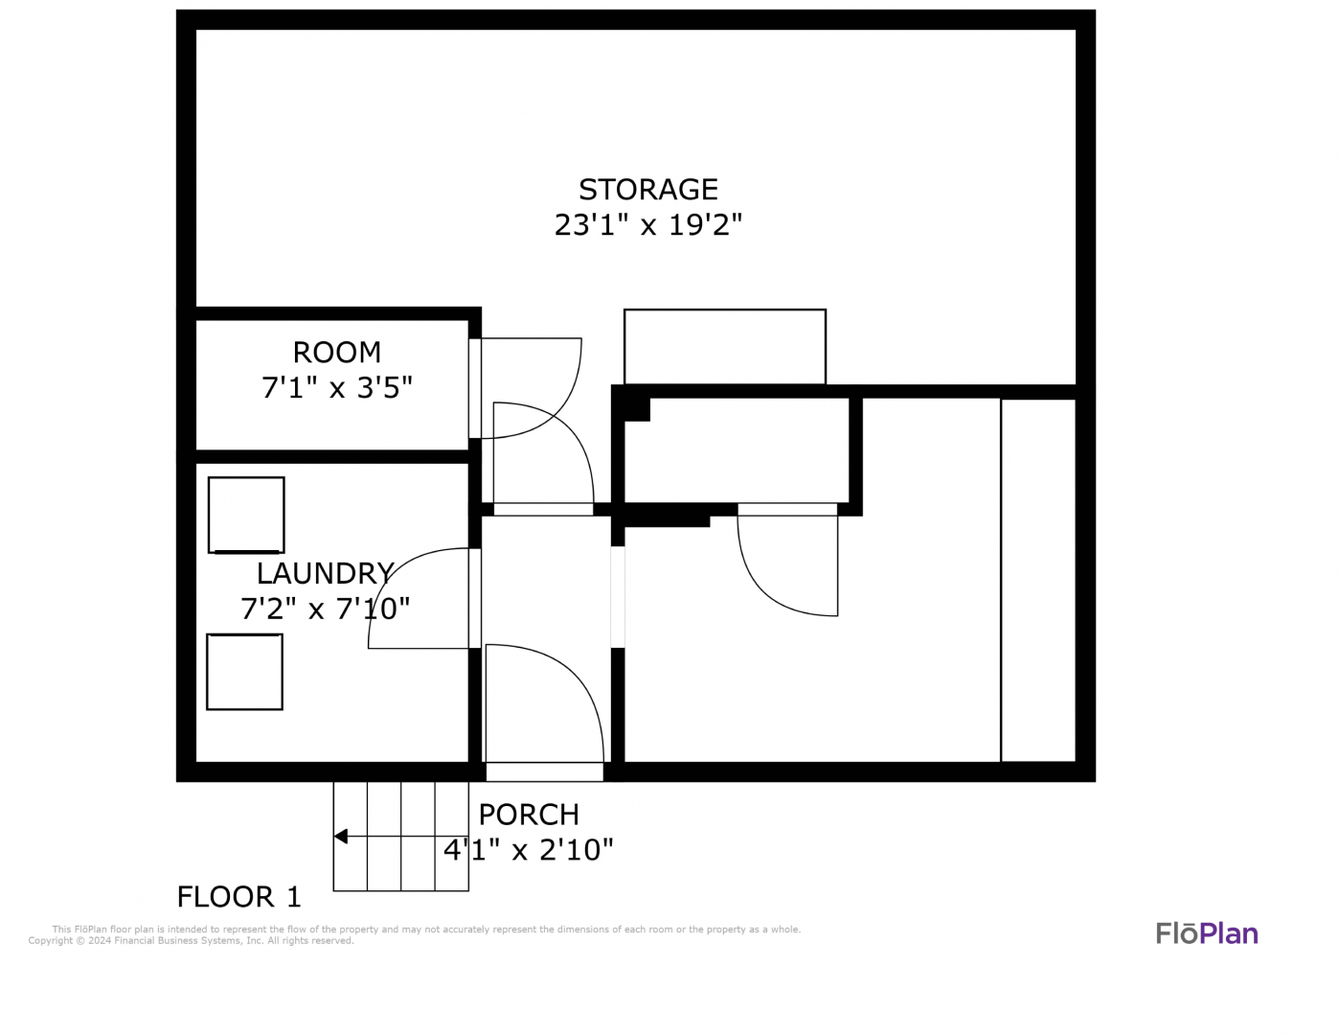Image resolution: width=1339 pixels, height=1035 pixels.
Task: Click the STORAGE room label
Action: tap(647, 189)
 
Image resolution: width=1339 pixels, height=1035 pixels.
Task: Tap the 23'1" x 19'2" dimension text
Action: tap(647, 224)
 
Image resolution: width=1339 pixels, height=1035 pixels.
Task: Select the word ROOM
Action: tap(336, 353)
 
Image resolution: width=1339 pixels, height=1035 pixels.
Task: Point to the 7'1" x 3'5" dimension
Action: tap(336, 388)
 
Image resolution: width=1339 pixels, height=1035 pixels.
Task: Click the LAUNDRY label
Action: tap(325, 573)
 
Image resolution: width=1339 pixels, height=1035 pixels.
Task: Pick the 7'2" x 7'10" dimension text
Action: tap(325, 609)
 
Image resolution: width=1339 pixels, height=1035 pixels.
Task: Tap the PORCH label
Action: tap(529, 815)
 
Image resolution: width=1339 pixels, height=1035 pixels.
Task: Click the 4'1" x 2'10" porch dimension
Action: tap(529, 850)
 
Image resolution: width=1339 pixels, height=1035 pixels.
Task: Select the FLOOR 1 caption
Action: tap(239, 897)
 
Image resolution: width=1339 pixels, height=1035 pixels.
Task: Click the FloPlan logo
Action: tap(1207, 933)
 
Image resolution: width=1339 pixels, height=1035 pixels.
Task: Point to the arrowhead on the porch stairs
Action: tap(340, 837)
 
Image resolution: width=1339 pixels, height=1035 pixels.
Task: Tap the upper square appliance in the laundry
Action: tap(246, 515)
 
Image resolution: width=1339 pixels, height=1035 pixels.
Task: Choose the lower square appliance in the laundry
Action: tap(244, 672)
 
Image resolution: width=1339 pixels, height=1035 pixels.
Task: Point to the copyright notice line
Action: tap(191, 941)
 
